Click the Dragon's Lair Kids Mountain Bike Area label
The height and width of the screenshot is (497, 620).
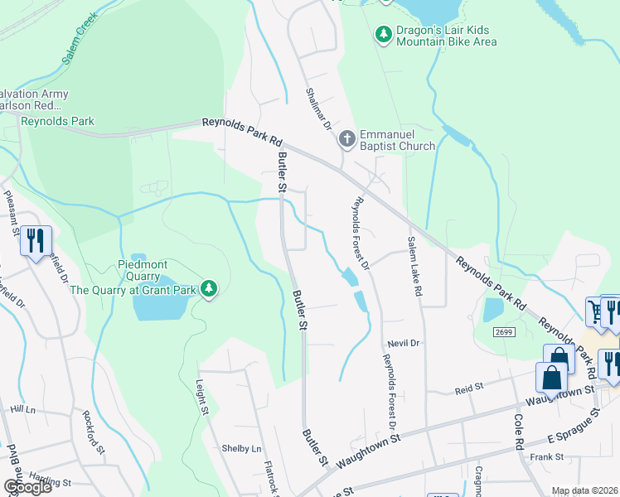click(447, 36)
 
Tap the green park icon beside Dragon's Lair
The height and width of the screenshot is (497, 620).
click(384, 34)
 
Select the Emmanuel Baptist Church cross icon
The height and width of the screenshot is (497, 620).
click(346, 138)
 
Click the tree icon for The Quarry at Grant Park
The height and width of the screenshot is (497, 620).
click(211, 287)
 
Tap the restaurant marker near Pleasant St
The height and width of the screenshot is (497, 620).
click(36, 241)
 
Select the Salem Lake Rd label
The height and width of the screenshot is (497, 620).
click(414, 265)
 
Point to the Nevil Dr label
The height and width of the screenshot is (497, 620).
click(404, 342)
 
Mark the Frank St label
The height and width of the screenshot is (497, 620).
click(547, 456)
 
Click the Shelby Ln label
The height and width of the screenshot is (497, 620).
click(241, 448)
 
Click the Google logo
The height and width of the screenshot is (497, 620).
click(28, 487)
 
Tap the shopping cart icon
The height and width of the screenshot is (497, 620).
click(595, 311)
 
